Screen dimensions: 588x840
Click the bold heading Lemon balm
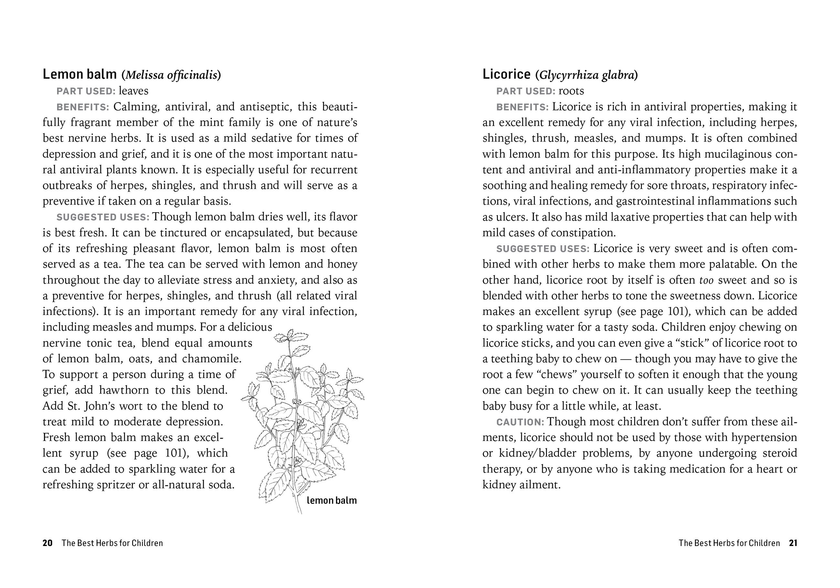[79, 74]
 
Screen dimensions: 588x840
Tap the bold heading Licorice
[506, 74]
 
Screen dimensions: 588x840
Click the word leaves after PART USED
[133, 91]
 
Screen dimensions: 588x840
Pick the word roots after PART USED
[571, 91]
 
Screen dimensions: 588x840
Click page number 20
[47, 543]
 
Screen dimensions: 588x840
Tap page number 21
[793, 543]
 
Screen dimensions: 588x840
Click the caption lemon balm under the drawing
[331, 500]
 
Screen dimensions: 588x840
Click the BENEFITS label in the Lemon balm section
[83, 107]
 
